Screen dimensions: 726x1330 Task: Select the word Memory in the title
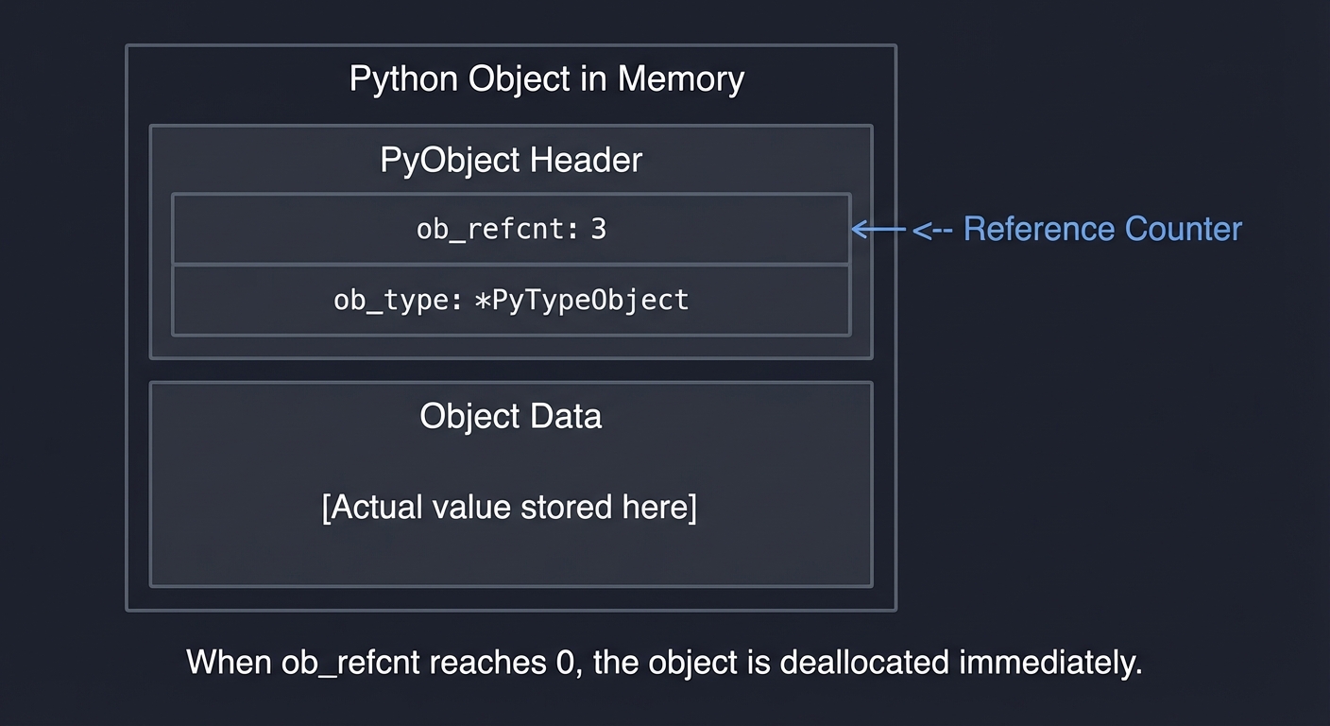point(680,79)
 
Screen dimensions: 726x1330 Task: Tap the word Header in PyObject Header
point(586,160)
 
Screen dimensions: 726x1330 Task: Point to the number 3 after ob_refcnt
point(598,230)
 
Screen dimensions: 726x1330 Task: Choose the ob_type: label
point(398,301)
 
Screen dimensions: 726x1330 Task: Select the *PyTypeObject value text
point(580,301)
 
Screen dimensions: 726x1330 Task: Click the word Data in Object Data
point(567,417)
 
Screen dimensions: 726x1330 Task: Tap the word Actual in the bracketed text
point(375,508)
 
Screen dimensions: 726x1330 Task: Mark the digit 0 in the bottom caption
point(564,662)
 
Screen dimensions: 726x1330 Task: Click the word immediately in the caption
point(1050,662)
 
